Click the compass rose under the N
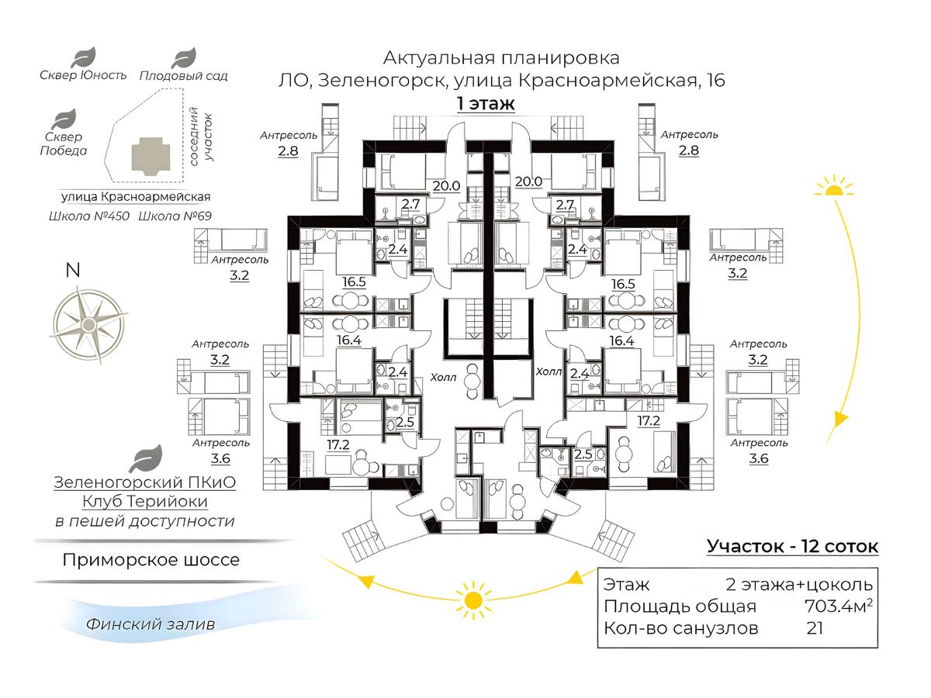pos(88,325)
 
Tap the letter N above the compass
pos(73,271)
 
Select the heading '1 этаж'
pos(486,103)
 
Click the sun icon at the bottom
pos(473,600)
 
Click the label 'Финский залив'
pos(151,624)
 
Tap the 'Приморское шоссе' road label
pos(151,560)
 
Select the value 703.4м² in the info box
pos(839,606)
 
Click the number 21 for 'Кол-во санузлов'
pos(815,628)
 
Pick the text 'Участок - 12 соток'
pos(792,547)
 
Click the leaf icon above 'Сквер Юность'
pos(83,57)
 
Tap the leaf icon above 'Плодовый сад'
pos(184,58)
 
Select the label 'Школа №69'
pos(175,216)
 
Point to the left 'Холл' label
pos(443,377)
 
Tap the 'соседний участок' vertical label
pos(201,136)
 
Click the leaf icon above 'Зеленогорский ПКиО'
pos(146,459)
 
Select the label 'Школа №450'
pos(89,216)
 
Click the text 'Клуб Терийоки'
pos(145,502)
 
